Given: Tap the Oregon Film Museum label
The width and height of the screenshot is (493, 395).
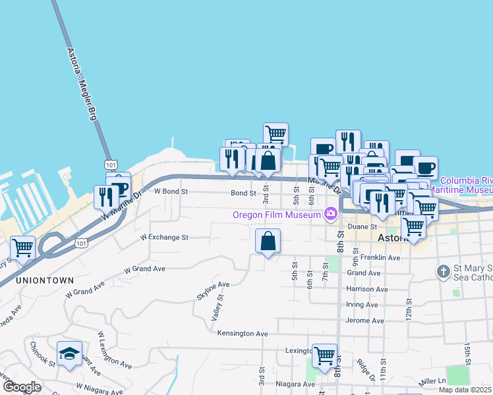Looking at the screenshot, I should coord(277,214).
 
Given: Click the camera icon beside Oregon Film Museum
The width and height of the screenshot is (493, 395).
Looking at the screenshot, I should coord(330,213).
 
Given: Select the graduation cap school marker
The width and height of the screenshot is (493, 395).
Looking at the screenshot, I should coord(69,354).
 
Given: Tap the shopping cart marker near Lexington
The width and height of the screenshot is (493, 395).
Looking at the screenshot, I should coord(324,356).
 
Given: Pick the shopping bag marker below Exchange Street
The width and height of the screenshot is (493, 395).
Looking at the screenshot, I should coord(268,241).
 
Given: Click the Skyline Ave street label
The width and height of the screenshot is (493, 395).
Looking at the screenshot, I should coord(213,290).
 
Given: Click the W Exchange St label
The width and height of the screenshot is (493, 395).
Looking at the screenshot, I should coord(164,237).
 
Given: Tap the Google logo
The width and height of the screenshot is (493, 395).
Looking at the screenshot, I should coord(21,387).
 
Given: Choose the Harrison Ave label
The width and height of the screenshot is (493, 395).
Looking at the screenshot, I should coord(368,288).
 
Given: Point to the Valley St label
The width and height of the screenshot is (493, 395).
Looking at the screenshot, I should coord(217,307).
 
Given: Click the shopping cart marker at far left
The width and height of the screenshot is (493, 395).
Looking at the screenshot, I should coord(23,248).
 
